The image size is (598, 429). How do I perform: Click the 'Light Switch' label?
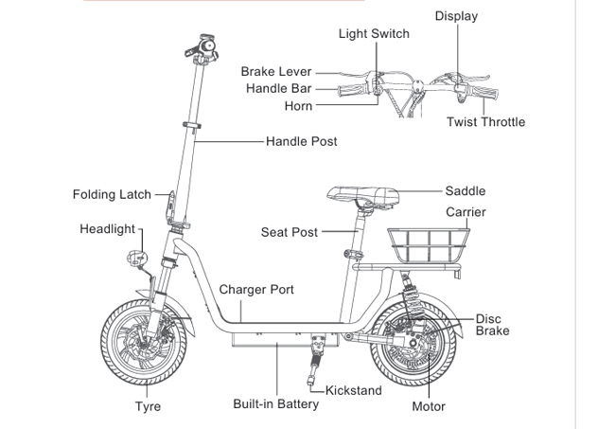click(374, 34)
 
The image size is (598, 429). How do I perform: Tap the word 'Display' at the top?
click(456, 16)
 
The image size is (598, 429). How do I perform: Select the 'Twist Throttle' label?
click(485, 122)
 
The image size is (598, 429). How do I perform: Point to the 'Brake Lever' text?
click(276, 72)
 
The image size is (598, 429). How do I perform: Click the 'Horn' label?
click(298, 106)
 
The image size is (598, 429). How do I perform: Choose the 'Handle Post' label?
click(301, 141)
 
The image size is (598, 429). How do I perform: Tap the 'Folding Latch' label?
click(112, 194)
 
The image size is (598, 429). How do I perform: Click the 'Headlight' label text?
click(107, 229)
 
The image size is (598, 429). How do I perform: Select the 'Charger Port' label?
click(256, 290)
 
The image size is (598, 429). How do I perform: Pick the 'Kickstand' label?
click(354, 390)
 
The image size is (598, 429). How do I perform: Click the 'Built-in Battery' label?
click(276, 404)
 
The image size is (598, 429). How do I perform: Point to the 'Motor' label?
click(429, 407)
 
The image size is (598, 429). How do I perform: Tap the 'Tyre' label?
click(148, 407)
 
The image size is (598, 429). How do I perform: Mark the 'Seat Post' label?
click(290, 232)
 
